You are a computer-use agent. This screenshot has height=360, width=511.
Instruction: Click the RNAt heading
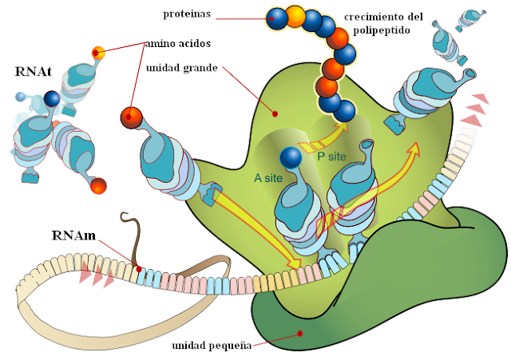click(33, 71)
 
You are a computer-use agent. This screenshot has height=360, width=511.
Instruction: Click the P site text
click(327, 158)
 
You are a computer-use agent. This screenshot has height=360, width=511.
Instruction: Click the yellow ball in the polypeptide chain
click(295, 15)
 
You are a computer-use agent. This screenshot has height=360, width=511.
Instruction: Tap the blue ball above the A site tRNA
click(289, 159)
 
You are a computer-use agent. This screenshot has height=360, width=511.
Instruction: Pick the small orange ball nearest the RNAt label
click(98, 53)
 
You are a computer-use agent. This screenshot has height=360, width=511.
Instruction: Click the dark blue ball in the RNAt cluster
click(52, 98)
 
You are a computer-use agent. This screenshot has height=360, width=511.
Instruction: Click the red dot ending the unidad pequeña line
click(299, 334)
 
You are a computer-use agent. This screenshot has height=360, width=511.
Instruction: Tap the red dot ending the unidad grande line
click(274, 113)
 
